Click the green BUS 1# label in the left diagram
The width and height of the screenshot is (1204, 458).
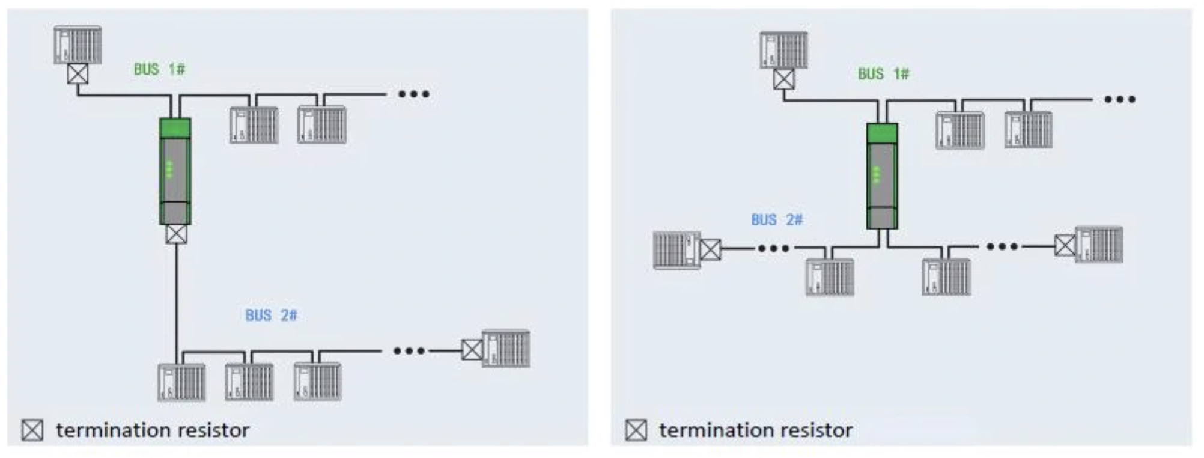point(159,69)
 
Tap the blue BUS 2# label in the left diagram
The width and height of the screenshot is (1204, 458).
point(271,315)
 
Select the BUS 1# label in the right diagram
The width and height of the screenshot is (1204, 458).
point(883,74)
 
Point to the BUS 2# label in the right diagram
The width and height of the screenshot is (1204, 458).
point(777,220)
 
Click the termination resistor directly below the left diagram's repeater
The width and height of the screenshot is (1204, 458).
point(176,234)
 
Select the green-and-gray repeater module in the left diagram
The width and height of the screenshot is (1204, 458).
point(175,171)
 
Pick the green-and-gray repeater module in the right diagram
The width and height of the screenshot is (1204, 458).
point(882,176)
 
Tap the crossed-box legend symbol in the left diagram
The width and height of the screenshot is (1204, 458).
point(32,430)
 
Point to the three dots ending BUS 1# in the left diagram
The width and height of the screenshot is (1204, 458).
point(414,94)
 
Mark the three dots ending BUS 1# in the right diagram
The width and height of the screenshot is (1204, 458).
point(1120,99)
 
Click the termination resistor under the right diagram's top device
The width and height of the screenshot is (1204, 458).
point(783,79)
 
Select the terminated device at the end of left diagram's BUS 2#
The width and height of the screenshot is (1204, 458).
point(506,349)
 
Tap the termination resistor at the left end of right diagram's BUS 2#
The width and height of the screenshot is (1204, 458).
point(710,249)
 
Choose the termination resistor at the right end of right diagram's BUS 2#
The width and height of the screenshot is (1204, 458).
point(1065,245)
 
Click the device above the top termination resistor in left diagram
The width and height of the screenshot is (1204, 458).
point(78,44)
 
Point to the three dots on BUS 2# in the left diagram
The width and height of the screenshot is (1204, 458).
point(409,350)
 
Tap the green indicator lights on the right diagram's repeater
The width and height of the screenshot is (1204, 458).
point(875,175)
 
